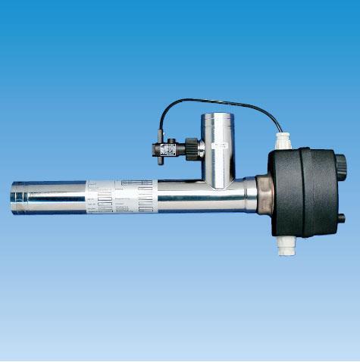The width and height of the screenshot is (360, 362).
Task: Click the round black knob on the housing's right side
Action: pos(340,162)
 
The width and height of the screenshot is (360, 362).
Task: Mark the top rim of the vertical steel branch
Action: pos(218,114)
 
